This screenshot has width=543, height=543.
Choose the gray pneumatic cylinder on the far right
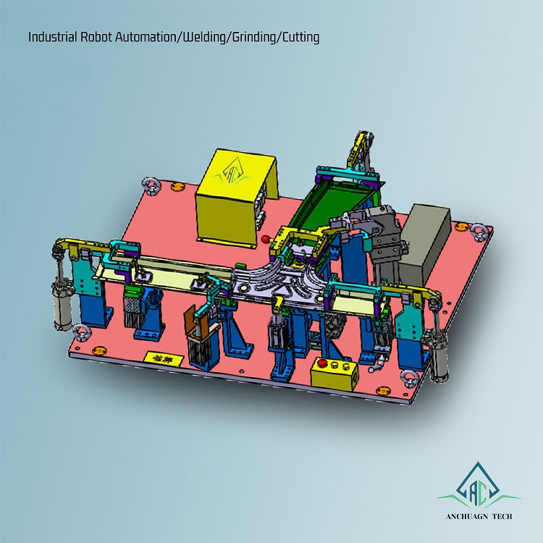click(x=439, y=355)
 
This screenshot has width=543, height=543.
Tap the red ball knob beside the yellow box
click(x=266, y=238)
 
